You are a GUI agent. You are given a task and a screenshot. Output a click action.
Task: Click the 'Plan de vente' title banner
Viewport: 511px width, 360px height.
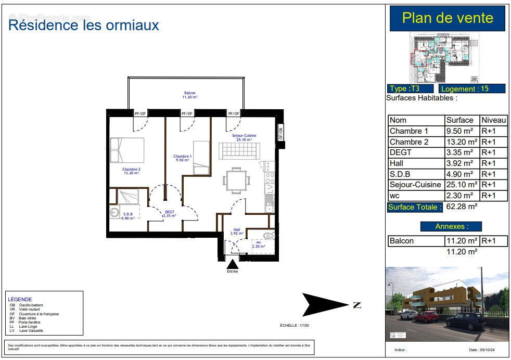pos(447,18)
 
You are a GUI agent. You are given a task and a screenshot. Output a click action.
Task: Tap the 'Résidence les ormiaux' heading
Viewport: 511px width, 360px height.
pos(84,24)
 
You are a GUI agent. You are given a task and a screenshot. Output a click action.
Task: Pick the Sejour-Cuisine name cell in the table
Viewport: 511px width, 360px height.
pos(415,185)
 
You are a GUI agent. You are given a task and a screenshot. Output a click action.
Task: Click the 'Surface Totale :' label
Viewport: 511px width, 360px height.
pos(415,207)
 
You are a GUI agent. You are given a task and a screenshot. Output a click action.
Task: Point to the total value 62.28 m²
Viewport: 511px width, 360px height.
pos(462,207)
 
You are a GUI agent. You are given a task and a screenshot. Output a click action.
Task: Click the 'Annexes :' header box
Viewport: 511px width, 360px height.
pos(451,226)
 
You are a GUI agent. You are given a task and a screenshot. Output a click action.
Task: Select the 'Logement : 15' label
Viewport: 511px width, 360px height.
pos(471,88)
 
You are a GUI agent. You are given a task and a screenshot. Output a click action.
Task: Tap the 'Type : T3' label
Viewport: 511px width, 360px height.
pos(410,88)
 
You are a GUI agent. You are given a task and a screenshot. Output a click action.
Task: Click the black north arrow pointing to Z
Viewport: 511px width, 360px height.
pos(324,305)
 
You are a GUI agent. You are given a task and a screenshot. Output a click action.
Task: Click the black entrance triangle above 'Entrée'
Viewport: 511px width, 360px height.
pos(232,264)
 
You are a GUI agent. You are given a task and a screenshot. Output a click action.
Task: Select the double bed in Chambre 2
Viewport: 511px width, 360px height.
pos(127,150)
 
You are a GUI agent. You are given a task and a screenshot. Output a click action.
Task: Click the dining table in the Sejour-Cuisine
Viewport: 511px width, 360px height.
pos(236,181)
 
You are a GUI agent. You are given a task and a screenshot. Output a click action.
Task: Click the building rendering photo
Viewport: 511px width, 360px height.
pos(447,304)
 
